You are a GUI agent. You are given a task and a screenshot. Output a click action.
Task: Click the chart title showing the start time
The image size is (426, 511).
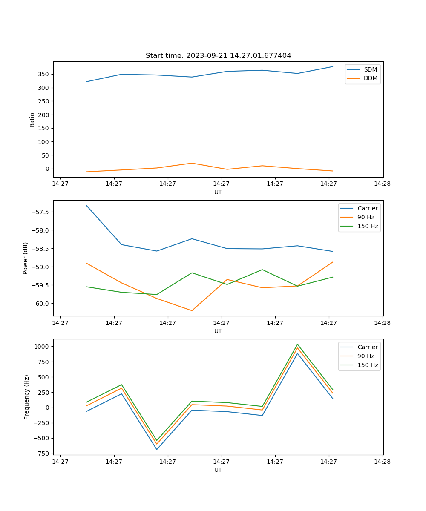(218, 56)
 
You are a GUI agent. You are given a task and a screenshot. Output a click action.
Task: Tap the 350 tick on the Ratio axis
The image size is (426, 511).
(44, 74)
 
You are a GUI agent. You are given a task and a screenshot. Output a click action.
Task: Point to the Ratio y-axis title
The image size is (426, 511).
(32, 120)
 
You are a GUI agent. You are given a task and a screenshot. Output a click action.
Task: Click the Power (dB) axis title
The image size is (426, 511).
(26, 258)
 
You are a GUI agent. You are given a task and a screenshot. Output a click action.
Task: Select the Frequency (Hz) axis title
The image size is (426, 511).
(27, 397)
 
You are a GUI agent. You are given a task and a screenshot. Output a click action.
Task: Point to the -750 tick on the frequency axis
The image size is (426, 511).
(42, 454)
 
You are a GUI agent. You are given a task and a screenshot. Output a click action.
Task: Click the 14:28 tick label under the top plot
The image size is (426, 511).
(382, 184)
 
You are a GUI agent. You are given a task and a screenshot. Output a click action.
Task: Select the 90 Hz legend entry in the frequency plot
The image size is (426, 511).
(366, 356)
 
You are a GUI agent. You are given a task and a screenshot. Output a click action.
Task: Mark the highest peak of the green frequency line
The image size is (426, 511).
(297, 344)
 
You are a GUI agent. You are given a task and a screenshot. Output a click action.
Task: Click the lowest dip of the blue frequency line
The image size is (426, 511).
(157, 449)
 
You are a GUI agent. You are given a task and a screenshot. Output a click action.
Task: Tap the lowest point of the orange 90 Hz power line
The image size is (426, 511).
(192, 310)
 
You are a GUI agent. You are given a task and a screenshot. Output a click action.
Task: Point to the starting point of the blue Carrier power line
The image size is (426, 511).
(86, 205)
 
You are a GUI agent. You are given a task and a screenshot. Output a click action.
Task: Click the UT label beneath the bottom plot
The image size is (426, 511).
(218, 470)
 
